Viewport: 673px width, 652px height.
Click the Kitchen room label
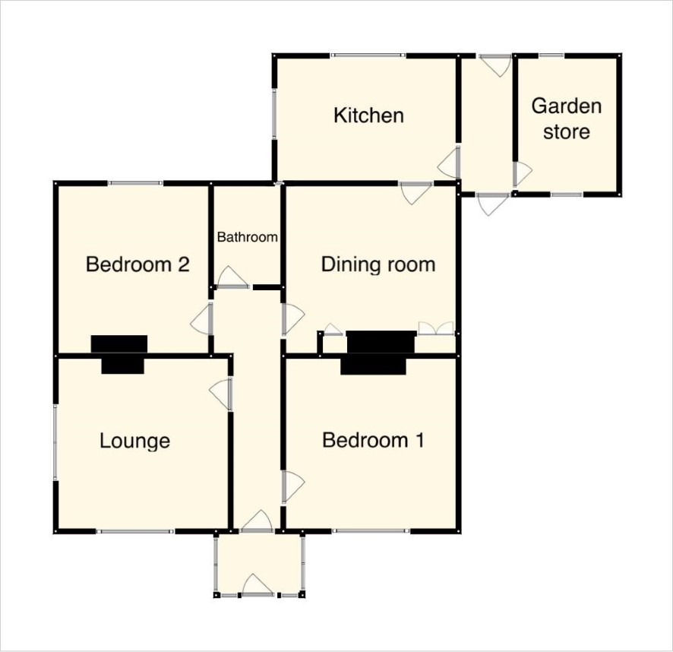(368, 116)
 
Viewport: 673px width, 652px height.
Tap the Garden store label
(567, 119)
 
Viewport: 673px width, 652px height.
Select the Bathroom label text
(247, 237)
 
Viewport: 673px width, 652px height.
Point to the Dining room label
(378, 264)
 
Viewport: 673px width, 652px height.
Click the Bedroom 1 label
(374, 440)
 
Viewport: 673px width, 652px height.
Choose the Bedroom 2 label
(137, 264)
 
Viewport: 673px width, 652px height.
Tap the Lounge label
(134, 441)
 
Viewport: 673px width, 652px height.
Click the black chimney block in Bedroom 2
(119, 344)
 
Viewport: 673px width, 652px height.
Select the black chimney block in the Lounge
(123, 366)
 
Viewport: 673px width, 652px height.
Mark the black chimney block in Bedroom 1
(373, 366)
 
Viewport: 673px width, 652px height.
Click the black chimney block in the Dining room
(381, 342)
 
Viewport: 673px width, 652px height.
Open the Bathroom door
(232, 277)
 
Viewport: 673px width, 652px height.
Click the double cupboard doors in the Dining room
(436, 328)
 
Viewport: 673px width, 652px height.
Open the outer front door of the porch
(258, 585)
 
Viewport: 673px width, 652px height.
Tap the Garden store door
(523, 174)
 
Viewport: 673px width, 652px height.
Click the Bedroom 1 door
(292, 486)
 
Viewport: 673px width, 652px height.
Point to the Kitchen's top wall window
(368, 55)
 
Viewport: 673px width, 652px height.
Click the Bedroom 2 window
(135, 183)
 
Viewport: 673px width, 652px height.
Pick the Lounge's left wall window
(55, 442)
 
